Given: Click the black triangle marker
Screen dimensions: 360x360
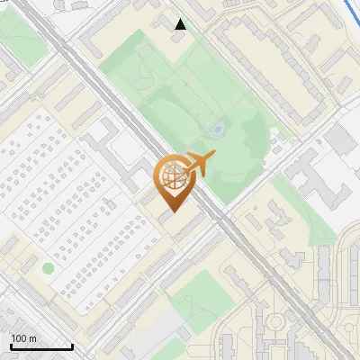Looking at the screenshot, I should pyautogui.click(x=181, y=24).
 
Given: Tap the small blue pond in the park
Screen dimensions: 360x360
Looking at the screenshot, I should pyautogui.click(x=217, y=130).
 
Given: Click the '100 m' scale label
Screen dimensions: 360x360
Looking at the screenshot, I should pyautogui.click(x=23, y=338).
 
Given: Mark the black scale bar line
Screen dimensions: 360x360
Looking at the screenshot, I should pyautogui.click(x=41, y=346).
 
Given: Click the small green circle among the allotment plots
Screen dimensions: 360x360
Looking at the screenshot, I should pyautogui.click(x=48, y=267).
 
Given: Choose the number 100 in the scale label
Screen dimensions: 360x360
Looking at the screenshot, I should pyautogui.click(x=19, y=338).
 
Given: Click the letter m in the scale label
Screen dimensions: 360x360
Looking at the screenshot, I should pyautogui.click(x=32, y=338).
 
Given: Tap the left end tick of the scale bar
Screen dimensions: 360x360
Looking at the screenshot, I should pyautogui.click(x=11, y=346).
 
